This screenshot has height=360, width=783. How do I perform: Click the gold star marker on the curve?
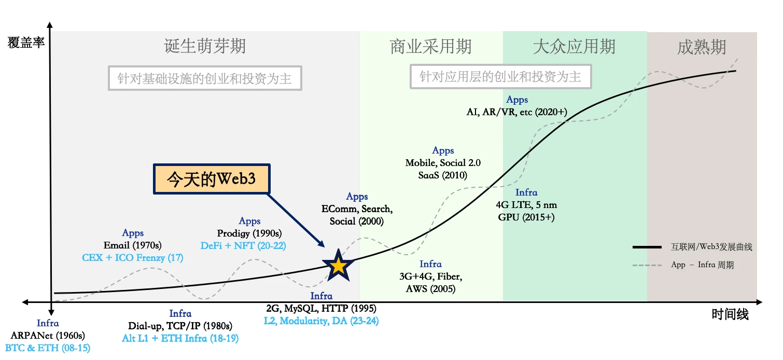coord(338,265)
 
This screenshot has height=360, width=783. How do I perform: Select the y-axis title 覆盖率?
coord(26,43)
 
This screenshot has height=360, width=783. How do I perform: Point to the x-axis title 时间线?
coord(730,314)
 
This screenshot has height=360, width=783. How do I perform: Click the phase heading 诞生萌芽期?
coord(205,47)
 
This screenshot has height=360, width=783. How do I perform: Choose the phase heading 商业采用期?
coord(431,47)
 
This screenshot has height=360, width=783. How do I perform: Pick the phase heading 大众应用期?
coord(574,47)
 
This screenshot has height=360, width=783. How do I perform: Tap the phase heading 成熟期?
coord(702,47)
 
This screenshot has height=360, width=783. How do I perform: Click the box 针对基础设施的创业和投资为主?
coord(205,78)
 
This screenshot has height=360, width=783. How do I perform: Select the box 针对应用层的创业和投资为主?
coord(500,77)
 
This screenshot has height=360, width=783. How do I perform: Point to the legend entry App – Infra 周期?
coord(702,265)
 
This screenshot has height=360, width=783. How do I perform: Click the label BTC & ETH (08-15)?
coord(48,347)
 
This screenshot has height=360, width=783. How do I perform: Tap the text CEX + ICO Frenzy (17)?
coord(133,257)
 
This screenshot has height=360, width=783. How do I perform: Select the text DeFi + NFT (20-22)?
coord(243,245)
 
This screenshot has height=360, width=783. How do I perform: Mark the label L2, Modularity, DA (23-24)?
coord(321,321)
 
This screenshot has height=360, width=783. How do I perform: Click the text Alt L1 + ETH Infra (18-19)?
coord(180,338)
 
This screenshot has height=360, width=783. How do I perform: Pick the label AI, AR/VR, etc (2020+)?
coord(517,112)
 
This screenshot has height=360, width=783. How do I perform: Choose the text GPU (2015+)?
coord(526,217)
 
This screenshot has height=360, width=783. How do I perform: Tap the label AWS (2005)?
coord(430,289)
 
